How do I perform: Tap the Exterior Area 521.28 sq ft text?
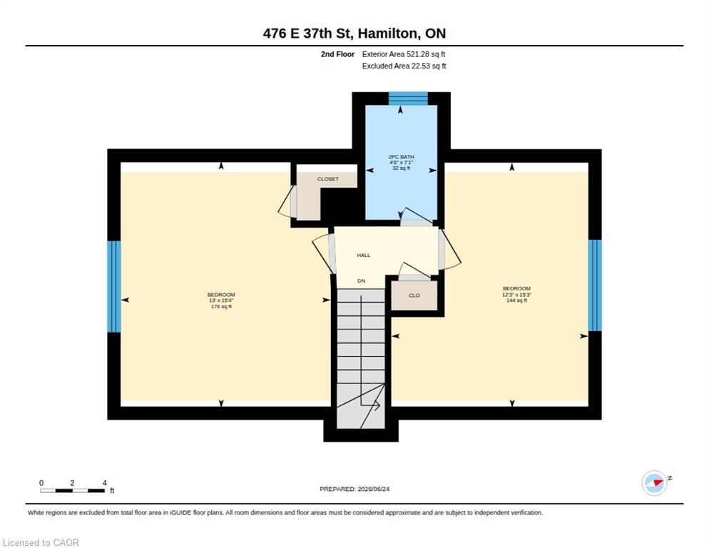point(404,54)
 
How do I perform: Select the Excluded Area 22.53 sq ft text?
point(404,66)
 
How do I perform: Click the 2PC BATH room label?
point(401,156)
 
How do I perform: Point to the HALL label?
point(364,255)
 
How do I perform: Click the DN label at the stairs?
point(362,281)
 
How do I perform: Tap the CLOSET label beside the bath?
point(328,179)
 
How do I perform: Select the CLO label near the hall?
point(414,295)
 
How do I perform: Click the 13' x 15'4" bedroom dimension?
point(221,300)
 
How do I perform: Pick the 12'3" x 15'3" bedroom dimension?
point(516,295)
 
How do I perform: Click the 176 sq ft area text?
point(221,307)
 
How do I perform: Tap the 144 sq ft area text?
point(516,300)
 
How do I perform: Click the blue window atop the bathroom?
point(408,98)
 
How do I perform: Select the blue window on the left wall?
point(114,286)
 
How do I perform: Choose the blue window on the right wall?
point(595,285)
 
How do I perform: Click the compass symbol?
point(655,483)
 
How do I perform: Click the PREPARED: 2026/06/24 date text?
point(354,489)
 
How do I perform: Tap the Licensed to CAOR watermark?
point(41,542)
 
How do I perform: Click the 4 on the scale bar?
point(104,483)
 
